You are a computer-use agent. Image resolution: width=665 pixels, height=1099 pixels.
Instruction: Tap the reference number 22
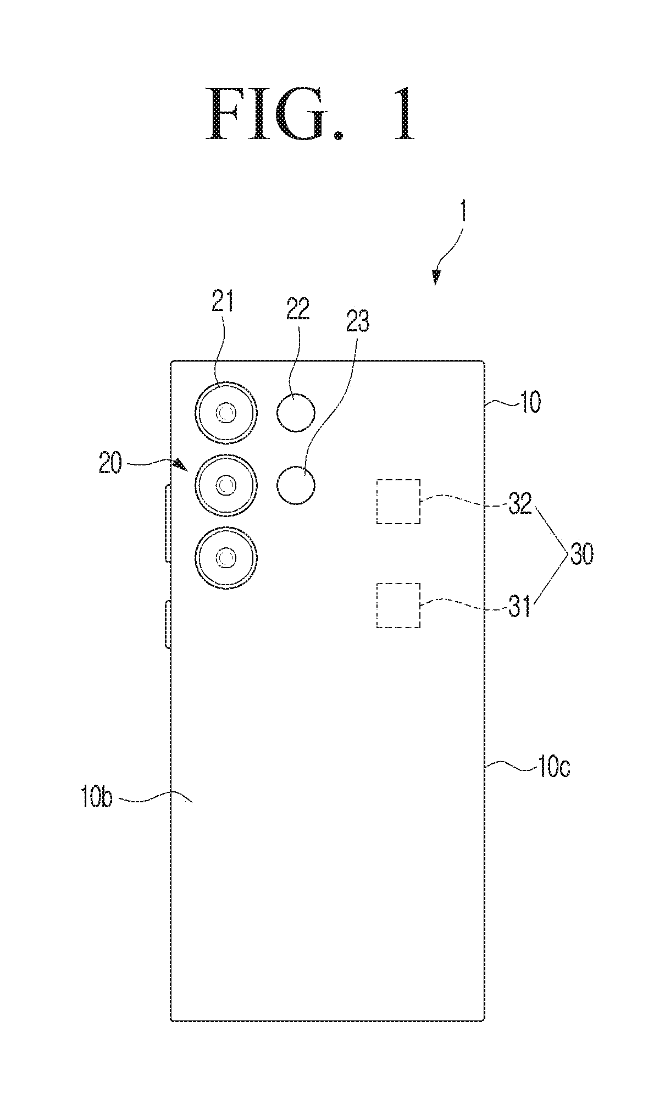(298, 309)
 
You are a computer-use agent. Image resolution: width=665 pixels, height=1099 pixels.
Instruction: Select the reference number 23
(358, 323)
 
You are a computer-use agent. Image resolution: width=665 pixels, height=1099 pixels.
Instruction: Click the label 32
(520, 504)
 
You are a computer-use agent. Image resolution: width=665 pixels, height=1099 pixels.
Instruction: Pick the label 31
(519, 607)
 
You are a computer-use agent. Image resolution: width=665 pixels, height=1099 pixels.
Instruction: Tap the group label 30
(582, 556)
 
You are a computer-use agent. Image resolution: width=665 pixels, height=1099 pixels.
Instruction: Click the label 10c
(554, 768)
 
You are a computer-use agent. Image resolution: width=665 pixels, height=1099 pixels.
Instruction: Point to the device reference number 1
(463, 210)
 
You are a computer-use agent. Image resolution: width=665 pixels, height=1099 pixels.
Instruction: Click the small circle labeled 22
(296, 412)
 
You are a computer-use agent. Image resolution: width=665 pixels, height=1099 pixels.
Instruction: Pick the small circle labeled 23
(296, 485)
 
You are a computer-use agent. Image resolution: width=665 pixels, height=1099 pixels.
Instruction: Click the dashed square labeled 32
(398, 502)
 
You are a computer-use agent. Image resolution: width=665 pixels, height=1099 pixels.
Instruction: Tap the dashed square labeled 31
(398, 606)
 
